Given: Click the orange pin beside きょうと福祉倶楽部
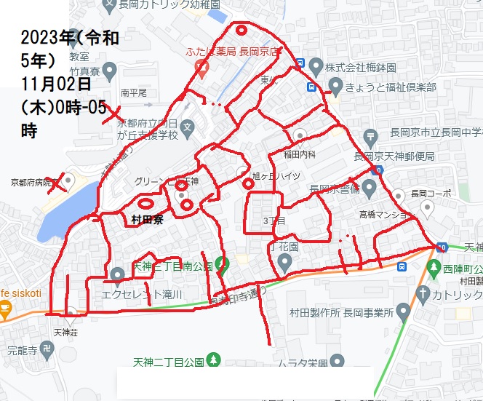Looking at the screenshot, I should [x=334, y=87].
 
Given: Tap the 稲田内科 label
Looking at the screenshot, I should [x=300, y=154].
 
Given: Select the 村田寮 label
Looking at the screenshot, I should [x=148, y=218].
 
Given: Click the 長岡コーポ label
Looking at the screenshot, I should [x=431, y=194].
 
